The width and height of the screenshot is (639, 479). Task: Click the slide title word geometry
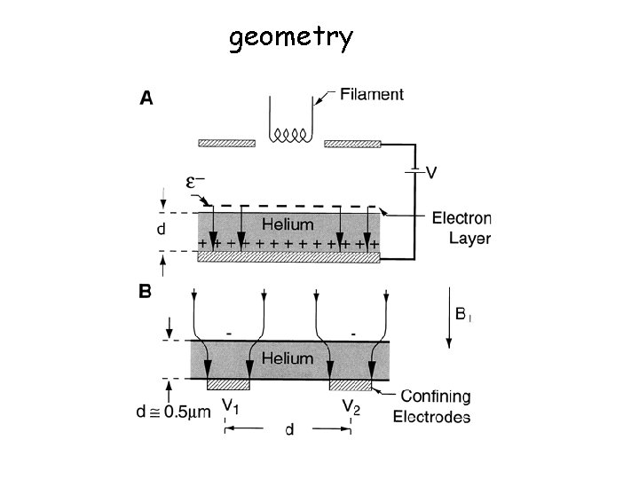pyautogui.click(x=290, y=38)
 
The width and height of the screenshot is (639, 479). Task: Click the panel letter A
pyautogui.click(x=146, y=98)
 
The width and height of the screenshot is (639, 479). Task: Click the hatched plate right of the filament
pyautogui.click(x=352, y=143)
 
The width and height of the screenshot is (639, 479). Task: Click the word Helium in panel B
pyautogui.click(x=289, y=358)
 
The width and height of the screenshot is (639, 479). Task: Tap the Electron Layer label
pyautogui.click(x=462, y=229)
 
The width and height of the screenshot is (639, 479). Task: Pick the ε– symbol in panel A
pyautogui.click(x=196, y=182)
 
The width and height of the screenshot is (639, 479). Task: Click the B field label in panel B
pyautogui.click(x=462, y=313)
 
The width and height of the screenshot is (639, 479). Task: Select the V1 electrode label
pyautogui.click(x=231, y=407)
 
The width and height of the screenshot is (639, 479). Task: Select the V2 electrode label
pyautogui.click(x=352, y=407)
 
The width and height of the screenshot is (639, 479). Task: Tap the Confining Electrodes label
pyautogui.click(x=436, y=407)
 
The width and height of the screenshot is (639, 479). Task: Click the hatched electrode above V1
pyautogui.click(x=229, y=385)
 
